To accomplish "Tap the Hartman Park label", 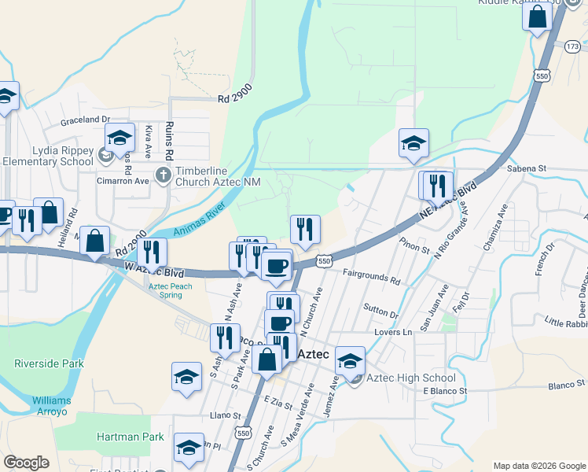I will [x=130, y=437].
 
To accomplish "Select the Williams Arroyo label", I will [x=52, y=406].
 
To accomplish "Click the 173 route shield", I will [x=573, y=47].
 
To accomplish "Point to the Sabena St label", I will [x=526, y=168].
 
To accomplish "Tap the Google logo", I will [x=27, y=463].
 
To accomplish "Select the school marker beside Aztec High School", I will [x=351, y=361].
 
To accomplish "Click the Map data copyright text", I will [x=538, y=466].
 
